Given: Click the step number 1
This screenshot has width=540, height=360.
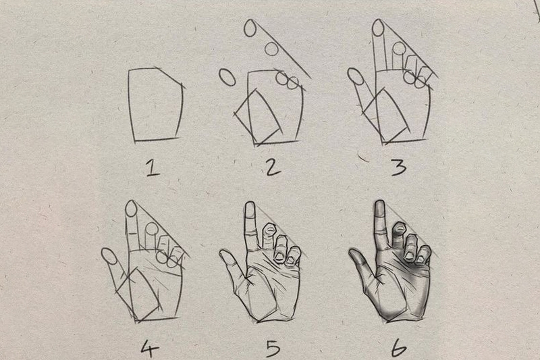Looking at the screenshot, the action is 153,168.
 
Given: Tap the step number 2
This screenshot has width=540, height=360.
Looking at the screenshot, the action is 273,167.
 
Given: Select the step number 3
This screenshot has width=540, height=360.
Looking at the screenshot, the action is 398,168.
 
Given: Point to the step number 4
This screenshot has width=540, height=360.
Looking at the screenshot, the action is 149,348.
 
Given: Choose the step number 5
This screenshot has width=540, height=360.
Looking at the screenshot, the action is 273,348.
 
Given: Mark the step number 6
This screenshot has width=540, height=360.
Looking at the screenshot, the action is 399,348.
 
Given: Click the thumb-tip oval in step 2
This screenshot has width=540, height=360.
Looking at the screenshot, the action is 227,77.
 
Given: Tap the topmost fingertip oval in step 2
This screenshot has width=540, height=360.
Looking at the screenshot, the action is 250,28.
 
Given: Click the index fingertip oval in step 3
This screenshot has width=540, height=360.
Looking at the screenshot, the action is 379,28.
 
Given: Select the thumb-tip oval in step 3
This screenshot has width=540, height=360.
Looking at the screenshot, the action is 356,76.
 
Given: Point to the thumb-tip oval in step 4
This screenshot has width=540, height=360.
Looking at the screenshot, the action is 109,256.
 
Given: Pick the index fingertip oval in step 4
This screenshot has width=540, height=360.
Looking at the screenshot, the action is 130,209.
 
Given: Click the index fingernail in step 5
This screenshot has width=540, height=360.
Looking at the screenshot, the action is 250,209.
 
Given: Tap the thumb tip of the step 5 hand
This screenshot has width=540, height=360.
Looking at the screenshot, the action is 225,256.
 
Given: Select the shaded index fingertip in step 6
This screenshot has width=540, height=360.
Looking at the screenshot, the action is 380,208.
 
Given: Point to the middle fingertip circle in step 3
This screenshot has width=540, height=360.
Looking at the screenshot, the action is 400,48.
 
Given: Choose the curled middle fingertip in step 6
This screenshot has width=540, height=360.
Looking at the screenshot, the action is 400,228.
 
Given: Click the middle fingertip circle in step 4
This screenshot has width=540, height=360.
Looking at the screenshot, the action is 151,229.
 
